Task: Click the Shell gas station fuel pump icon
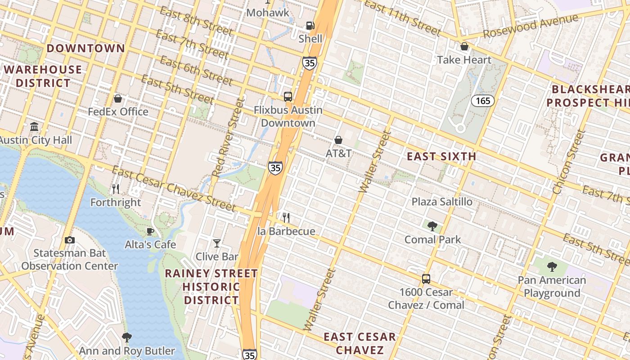tap(310, 26)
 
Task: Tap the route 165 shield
tap(483, 101)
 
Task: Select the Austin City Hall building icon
tap(34, 127)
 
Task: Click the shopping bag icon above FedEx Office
tap(118, 98)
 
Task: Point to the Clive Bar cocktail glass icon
tap(217, 243)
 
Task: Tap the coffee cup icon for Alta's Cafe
tap(150, 232)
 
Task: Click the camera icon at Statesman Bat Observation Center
tap(69, 240)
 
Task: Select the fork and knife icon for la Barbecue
tap(286, 218)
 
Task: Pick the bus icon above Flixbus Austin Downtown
tap(288, 96)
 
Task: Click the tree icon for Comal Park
tap(432, 226)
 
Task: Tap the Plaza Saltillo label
tap(442, 202)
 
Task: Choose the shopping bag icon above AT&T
tap(338, 140)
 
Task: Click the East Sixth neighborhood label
tap(441, 157)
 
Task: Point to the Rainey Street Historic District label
tap(211, 287)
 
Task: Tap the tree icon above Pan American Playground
tap(552, 267)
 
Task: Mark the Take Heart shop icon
tap(464, 46)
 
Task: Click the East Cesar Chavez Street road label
tap(174, 189)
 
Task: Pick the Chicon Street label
tap(569, 162)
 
